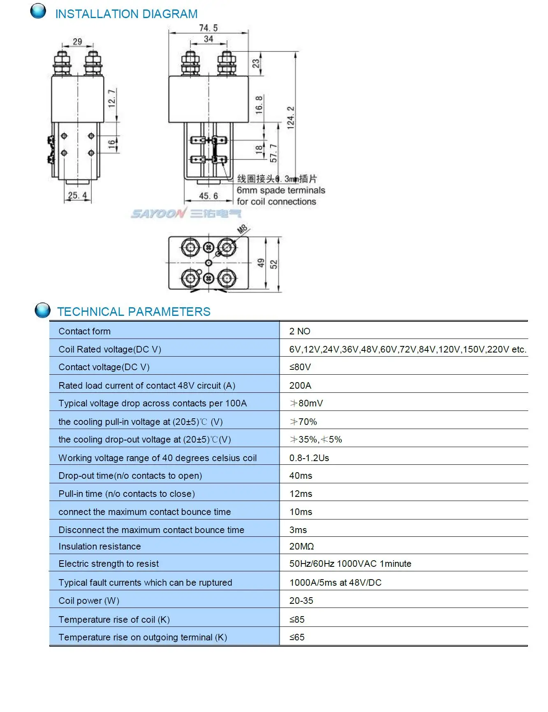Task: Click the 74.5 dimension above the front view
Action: [x=208, y=28]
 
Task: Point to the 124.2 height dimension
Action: [x=291, y=118]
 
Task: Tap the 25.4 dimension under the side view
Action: [x=77, y=195]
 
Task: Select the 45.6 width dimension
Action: [x=208, y=196]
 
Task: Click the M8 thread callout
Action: [x=243, y=229]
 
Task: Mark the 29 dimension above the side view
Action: [x=77, y=42]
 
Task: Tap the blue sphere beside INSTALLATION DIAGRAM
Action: [x=38, y=11]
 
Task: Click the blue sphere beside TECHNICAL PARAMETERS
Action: [x=42, y=310]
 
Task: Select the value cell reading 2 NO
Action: [x=300, y=331]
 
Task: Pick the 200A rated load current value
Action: [x=300, y=385]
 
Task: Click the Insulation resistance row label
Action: [x=99, y=546]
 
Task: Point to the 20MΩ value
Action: [x=301, y=546]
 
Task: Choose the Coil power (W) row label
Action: [x=89, y=601]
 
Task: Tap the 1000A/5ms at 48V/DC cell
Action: [x=335, y=582]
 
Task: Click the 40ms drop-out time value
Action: [x=301, y=475]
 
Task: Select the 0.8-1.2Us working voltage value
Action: [x=309, y=458]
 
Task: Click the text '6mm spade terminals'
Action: [x=281, y=190]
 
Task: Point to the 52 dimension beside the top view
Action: [x=274, y=264]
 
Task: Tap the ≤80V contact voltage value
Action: [x=300, y=367]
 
